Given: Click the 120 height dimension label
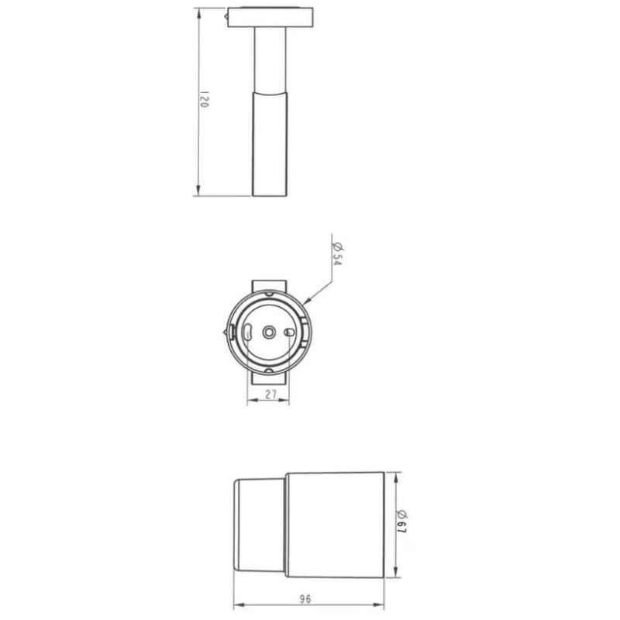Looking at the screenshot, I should click(205, 101).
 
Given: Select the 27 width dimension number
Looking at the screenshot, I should click(271, 394).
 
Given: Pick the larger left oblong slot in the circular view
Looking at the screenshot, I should click(246, 332).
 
